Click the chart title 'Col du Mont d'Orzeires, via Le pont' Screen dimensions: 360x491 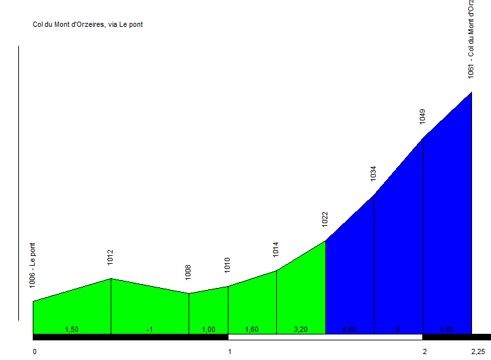click(x=88, y=25)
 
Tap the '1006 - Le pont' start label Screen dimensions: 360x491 click(x=33, y=265)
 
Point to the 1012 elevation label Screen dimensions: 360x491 click(x=111, y=257)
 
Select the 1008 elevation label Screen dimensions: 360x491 click(x=189, y=272)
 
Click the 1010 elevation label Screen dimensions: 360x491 click(x=228, y=264)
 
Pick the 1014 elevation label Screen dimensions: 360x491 click(x=276, y=249)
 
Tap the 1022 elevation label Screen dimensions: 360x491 click(x=325, y=219)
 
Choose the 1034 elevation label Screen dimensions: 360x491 click(x=373, y=173)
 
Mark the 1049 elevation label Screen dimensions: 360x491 click(x=423, y=116)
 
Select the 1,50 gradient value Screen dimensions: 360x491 click(x=72, y=329)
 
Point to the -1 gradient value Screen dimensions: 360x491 click(x=150, y=329)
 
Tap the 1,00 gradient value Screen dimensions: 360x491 click(x=208, y=329)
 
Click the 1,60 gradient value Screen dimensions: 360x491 click(x=252, y=329)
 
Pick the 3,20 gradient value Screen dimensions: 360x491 click(x=300, y=329)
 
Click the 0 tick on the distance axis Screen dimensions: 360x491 click(x=35, y=351)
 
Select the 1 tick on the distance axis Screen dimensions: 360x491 click(x=230, y=351)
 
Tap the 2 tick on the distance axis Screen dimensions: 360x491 click(x=425, y=351)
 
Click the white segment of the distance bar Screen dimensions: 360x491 click(x=325, y=337)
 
